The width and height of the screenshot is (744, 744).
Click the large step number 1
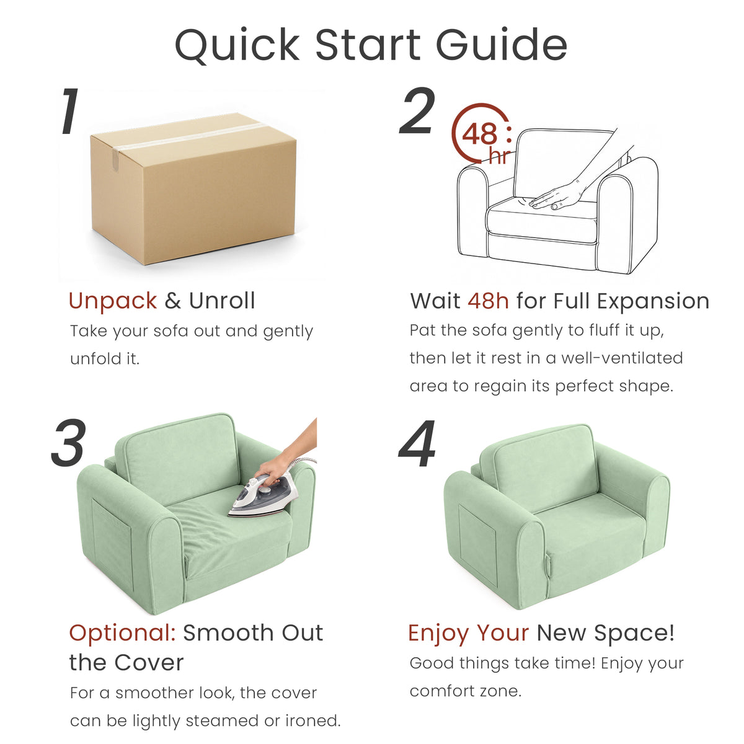(70, 111)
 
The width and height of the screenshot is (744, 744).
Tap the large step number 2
(417, 110)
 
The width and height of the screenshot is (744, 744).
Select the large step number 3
(69, 442)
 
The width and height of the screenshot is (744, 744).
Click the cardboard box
(193, 188)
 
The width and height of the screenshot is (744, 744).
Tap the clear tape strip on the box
(185, 139)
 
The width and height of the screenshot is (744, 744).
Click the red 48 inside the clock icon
(479, 134)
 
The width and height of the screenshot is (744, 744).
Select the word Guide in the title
(502, 45)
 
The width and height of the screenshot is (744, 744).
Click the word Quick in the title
(237, 45)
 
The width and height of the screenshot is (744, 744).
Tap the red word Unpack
(113, 301)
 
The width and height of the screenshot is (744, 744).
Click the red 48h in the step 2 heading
(488, 301)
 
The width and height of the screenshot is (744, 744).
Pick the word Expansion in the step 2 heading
(653, 301)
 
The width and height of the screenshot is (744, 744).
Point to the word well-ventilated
(622, 358)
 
